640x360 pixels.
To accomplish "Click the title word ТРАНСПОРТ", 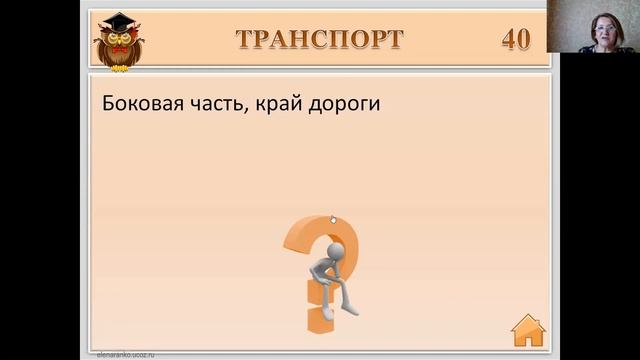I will coord(320,40).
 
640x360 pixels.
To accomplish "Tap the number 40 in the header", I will coord(516,40).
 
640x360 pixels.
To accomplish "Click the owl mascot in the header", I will coord(119,42).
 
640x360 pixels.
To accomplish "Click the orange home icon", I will coord(528,330).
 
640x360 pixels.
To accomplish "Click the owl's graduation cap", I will coord(120,20).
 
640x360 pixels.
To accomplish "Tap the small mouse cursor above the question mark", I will coord(333,220).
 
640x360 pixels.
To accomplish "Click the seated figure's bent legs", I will coord(340,295).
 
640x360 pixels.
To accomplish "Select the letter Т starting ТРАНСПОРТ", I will coord(245,40).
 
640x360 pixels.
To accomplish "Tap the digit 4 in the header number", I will coord(509,40).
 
